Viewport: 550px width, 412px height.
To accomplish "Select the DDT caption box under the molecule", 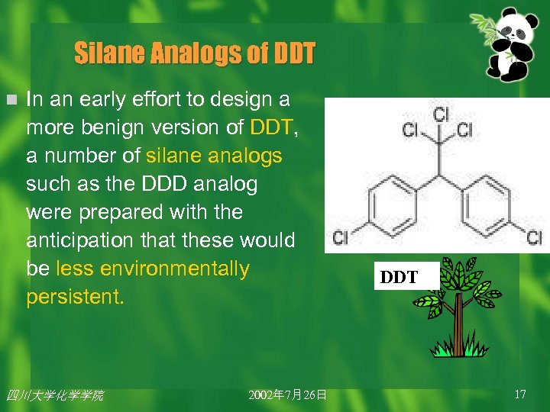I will pyautogui.click(x=400, y=277).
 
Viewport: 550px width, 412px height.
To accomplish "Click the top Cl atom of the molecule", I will pyautogui.click(x=441, y=114).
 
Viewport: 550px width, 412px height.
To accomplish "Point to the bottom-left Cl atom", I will pyautogui.click(x=341, y=238).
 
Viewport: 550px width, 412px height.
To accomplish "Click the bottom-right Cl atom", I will pyautogui.click(x=535, y=238).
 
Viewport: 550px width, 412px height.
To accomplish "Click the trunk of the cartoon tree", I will pyautogui.click(x=458, y=324).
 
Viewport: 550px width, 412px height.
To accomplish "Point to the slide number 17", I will pyautogui.click(x=520, y=394).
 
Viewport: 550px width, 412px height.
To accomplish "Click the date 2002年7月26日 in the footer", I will pyautogui.click(x=287, y=394).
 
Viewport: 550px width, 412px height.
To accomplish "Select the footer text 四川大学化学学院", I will pyautogui.click(x=54, y=395).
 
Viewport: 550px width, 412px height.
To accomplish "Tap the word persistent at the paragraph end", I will pyautogui.click(x=74, y=297).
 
